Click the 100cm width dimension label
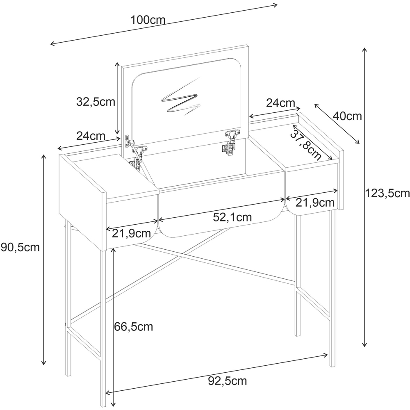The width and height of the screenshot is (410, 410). (x=148, y=20)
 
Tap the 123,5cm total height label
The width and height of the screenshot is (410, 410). (x=387, y=194)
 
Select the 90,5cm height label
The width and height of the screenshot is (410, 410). (x=20, y=247)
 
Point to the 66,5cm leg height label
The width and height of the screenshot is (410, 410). (x=134, y=327)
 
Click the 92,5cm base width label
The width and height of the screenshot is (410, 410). (x=228, y=381)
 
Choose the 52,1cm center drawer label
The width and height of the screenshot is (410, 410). (x=232, y=217)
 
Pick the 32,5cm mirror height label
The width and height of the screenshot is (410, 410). (x=96, y=102)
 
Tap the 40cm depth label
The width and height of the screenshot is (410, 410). (x=347, y=116)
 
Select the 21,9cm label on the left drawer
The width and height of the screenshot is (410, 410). (x=132, y=234)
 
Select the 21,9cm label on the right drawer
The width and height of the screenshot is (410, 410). (x=315, y=203)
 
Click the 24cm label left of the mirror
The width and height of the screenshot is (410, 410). (x=91, y=136)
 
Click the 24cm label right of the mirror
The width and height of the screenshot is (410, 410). (x=280, y=103)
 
